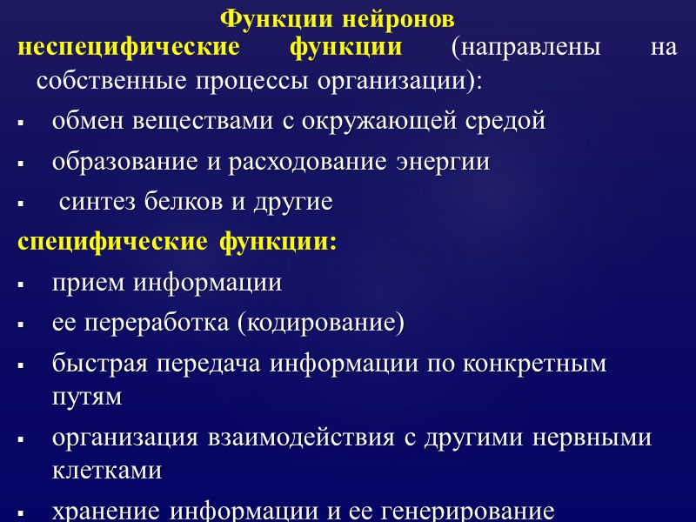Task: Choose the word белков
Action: (184, 203)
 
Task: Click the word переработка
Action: (153, 324)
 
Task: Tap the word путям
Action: (87, 397)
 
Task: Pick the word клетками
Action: (107, 471)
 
